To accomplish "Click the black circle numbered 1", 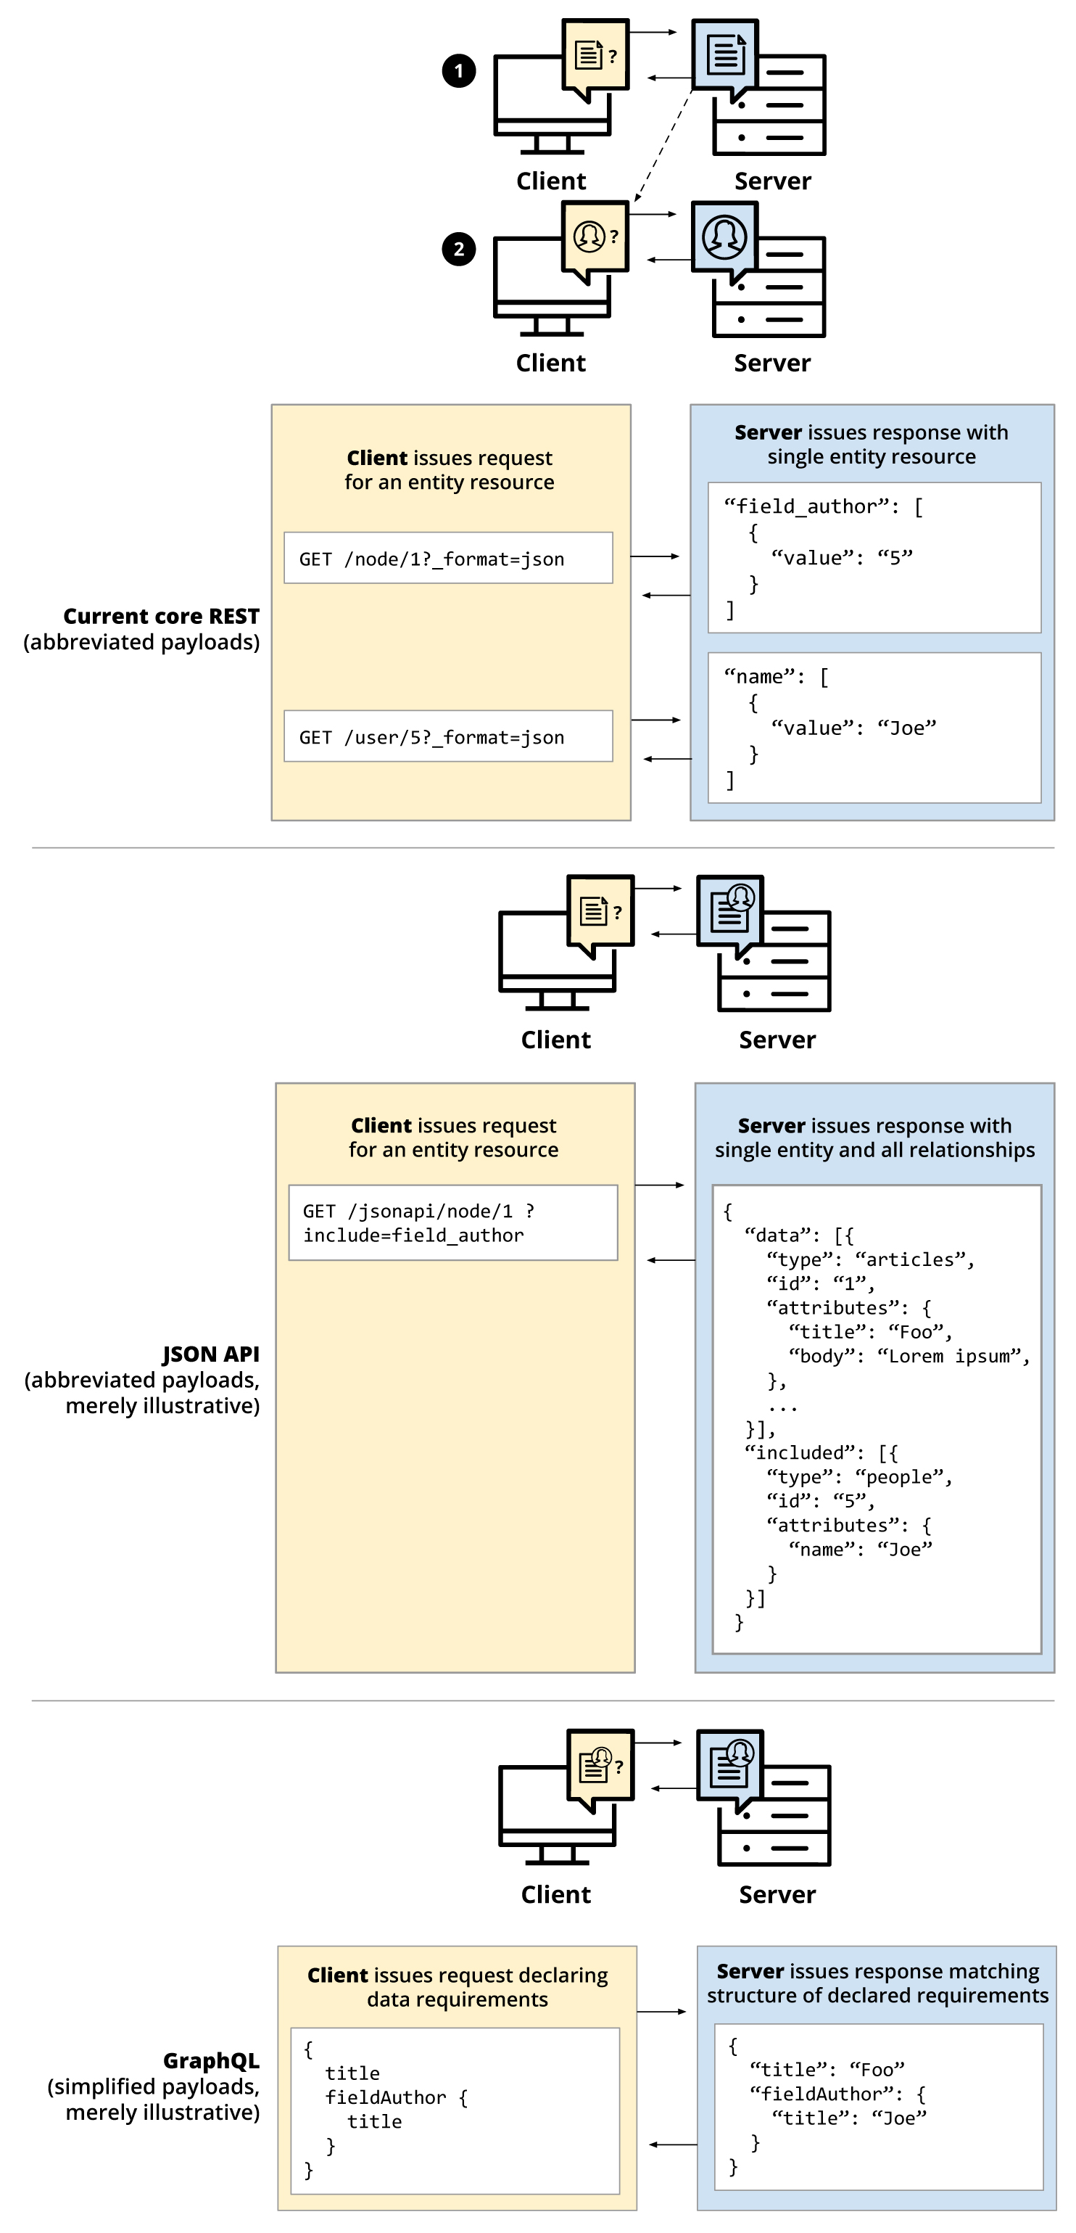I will pyautogui.click(x=458, y=70).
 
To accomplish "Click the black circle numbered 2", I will pyautogui.click(x=458, y=250).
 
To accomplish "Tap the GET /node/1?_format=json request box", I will pyautogui.click(x=448, y=559).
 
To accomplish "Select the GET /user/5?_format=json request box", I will pyautogui.click(x=448, y=737).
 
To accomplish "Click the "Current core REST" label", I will pyautogui.click(x=161, y=617).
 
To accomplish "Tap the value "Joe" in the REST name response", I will pyautogui.click(x=907, y=728).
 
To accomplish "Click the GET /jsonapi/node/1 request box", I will pyautogui.click(x=452, y=1222).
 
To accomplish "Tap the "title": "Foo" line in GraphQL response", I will pyautogui.click(x=827, y=2070).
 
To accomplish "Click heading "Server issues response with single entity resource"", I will pyautogui.click(x=872, y=444).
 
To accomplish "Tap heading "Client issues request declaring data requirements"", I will pyautogui.click(x=458, y=1987).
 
